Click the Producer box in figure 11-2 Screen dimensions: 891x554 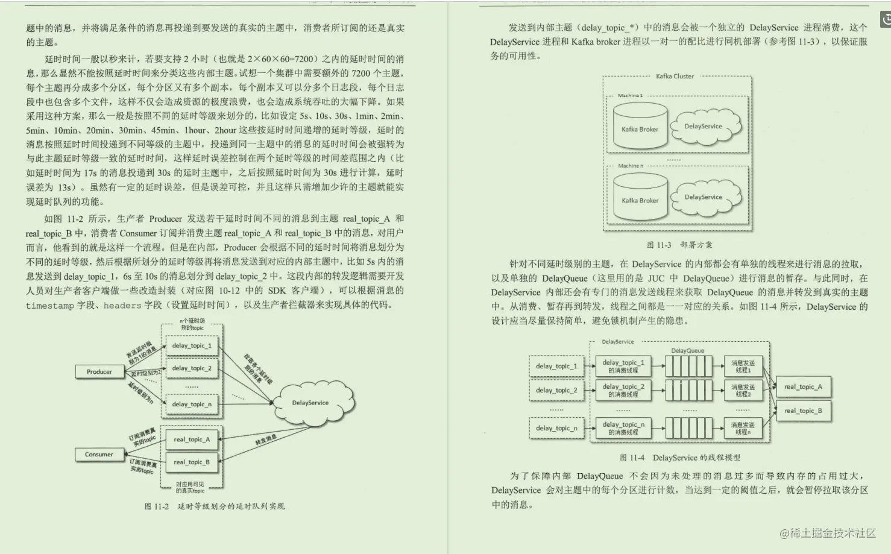99,372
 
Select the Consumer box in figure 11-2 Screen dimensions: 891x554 99,455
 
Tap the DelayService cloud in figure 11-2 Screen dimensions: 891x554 310,403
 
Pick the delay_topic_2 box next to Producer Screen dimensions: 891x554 192,368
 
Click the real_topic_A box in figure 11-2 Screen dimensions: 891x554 192,439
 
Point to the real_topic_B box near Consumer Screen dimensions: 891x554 192,462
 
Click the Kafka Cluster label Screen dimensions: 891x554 675,77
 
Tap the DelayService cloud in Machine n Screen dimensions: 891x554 703,197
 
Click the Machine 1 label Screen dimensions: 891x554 630,96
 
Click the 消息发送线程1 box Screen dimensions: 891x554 743,367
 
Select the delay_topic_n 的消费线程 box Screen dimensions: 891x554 623,428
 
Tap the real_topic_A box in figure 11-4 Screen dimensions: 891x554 803,387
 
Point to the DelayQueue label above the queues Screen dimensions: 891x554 687,351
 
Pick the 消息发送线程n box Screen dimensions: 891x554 743,428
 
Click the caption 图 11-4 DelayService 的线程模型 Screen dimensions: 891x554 679,458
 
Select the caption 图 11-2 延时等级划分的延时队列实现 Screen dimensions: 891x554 214,506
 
